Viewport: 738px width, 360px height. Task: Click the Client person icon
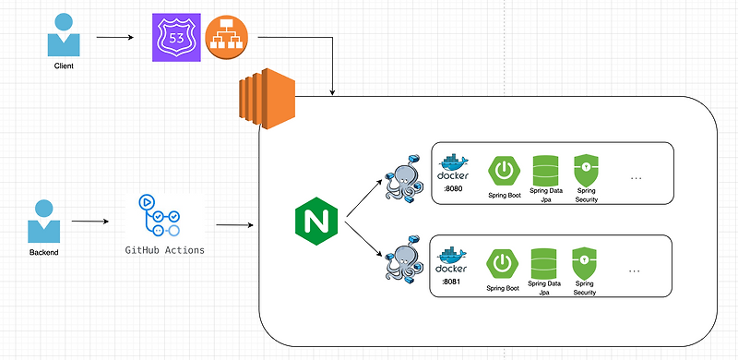63,36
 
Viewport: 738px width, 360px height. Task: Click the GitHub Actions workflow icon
161,217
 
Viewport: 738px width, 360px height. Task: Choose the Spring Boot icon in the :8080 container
504,170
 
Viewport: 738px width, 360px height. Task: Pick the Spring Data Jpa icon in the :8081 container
544,262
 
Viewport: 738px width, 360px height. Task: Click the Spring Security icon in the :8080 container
585,170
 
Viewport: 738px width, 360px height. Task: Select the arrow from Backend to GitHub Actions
96,222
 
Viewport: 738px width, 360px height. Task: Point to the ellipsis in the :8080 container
636,178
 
